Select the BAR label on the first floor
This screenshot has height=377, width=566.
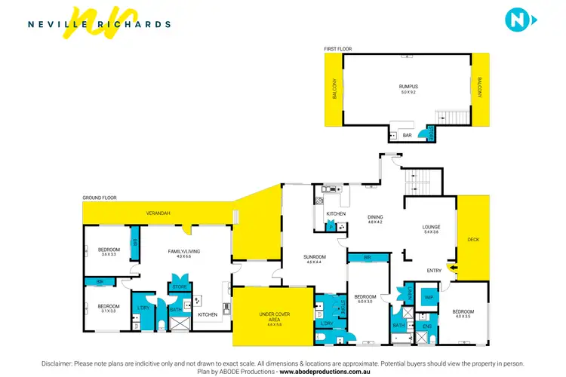(x=407, y=135)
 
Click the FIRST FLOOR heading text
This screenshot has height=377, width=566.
(x=339, y=49)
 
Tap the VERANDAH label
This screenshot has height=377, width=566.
(x=158, y=213)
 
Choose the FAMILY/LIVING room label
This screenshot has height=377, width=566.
(x=183, y=253)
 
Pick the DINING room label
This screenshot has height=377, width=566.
(x=375, y=219)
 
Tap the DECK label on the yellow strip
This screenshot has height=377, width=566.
(x=473, y=240)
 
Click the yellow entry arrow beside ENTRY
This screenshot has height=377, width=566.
(x=453, y=266)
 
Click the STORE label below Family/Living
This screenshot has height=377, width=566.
(x=180, y=287)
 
